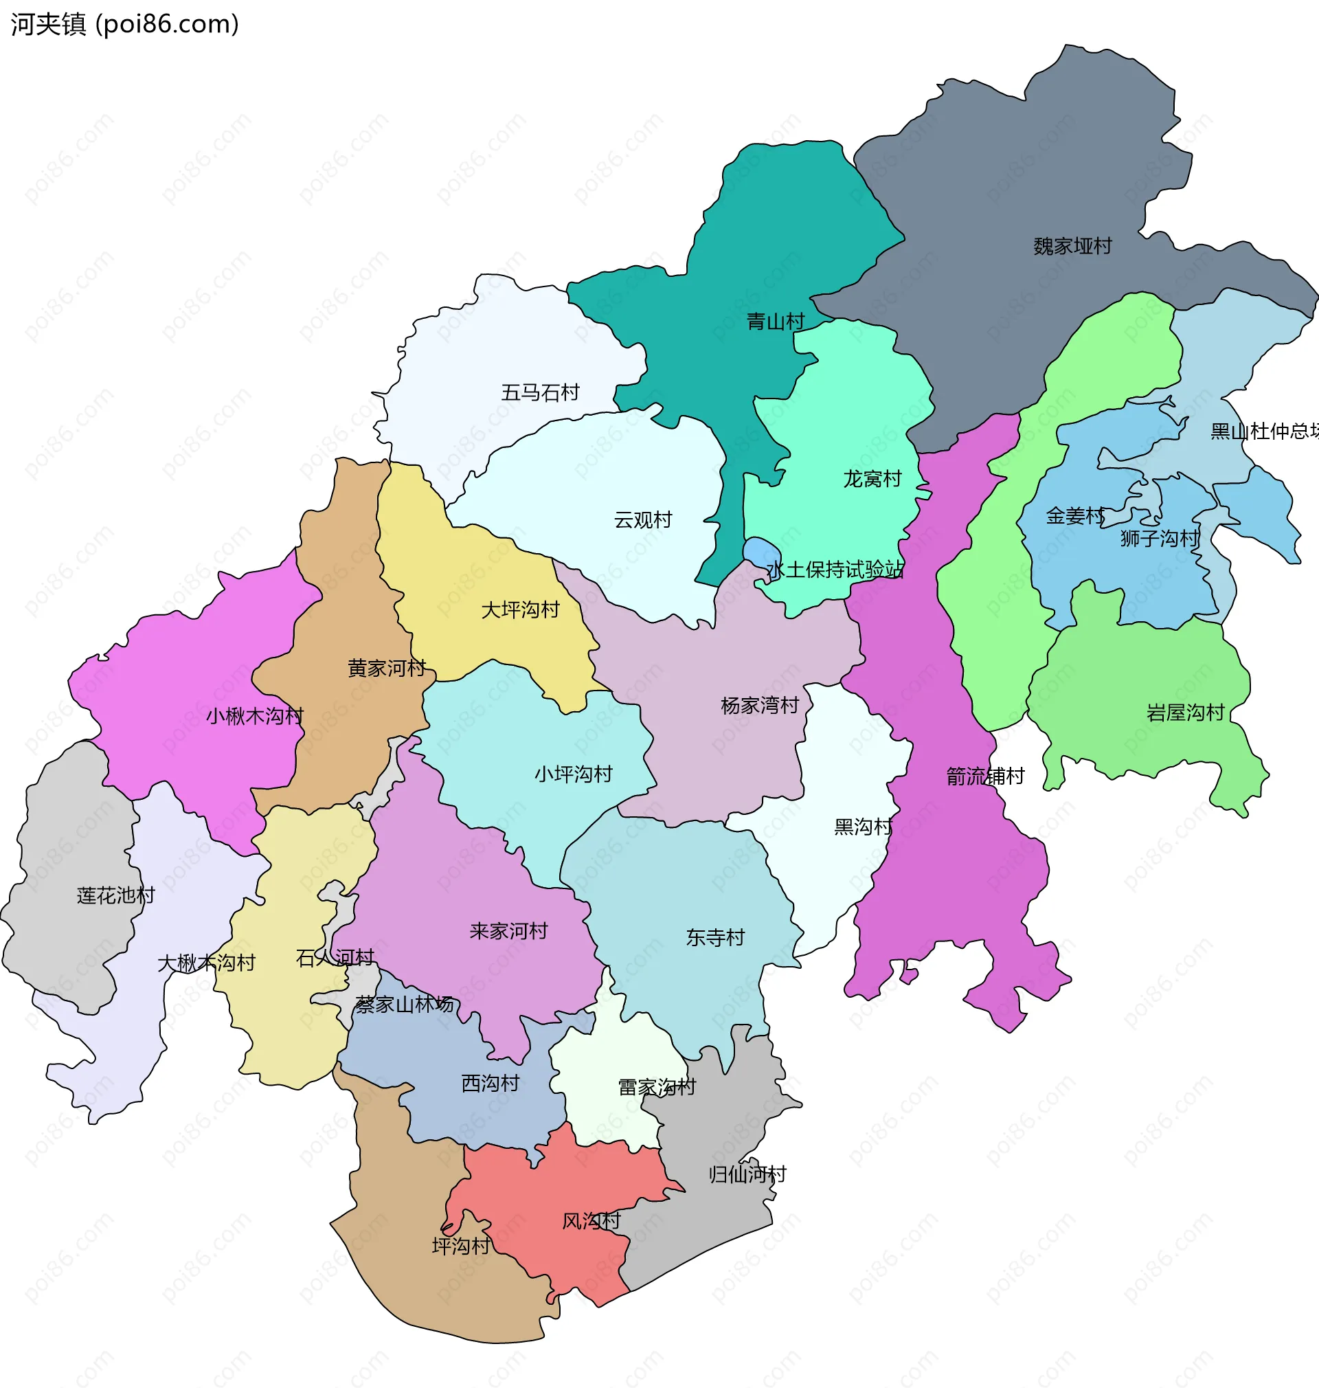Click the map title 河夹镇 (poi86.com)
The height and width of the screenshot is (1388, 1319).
[x=125, y=24]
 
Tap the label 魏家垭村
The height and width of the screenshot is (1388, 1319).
[x=1072, y=246]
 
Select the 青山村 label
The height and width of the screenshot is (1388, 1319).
[x=776, y=322]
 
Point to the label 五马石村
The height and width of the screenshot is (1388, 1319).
[x=540, y=392]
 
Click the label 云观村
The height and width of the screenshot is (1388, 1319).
[x=642, y=519]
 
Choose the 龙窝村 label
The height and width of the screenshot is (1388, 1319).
[x=872, y=479]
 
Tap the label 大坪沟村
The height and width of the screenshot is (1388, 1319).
[x=520, y=609]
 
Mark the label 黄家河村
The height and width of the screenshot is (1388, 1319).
[x=387, y=668]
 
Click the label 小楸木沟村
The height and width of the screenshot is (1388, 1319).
[x=254, y=716]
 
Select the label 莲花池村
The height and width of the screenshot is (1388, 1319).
[x=115, y=895]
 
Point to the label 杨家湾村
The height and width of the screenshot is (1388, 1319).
[x=759, y=705]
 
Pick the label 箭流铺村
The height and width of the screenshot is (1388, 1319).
[x=985, y=776]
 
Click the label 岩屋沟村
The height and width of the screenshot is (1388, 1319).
[x=1186, y=713]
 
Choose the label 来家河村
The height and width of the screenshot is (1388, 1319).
[x=508, y=931]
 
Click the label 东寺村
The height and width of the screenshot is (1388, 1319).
[x=715, y=937]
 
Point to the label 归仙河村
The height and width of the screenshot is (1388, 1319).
[x=747, y=1174]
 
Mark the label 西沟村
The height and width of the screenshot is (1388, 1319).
[x=490, y=1083]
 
